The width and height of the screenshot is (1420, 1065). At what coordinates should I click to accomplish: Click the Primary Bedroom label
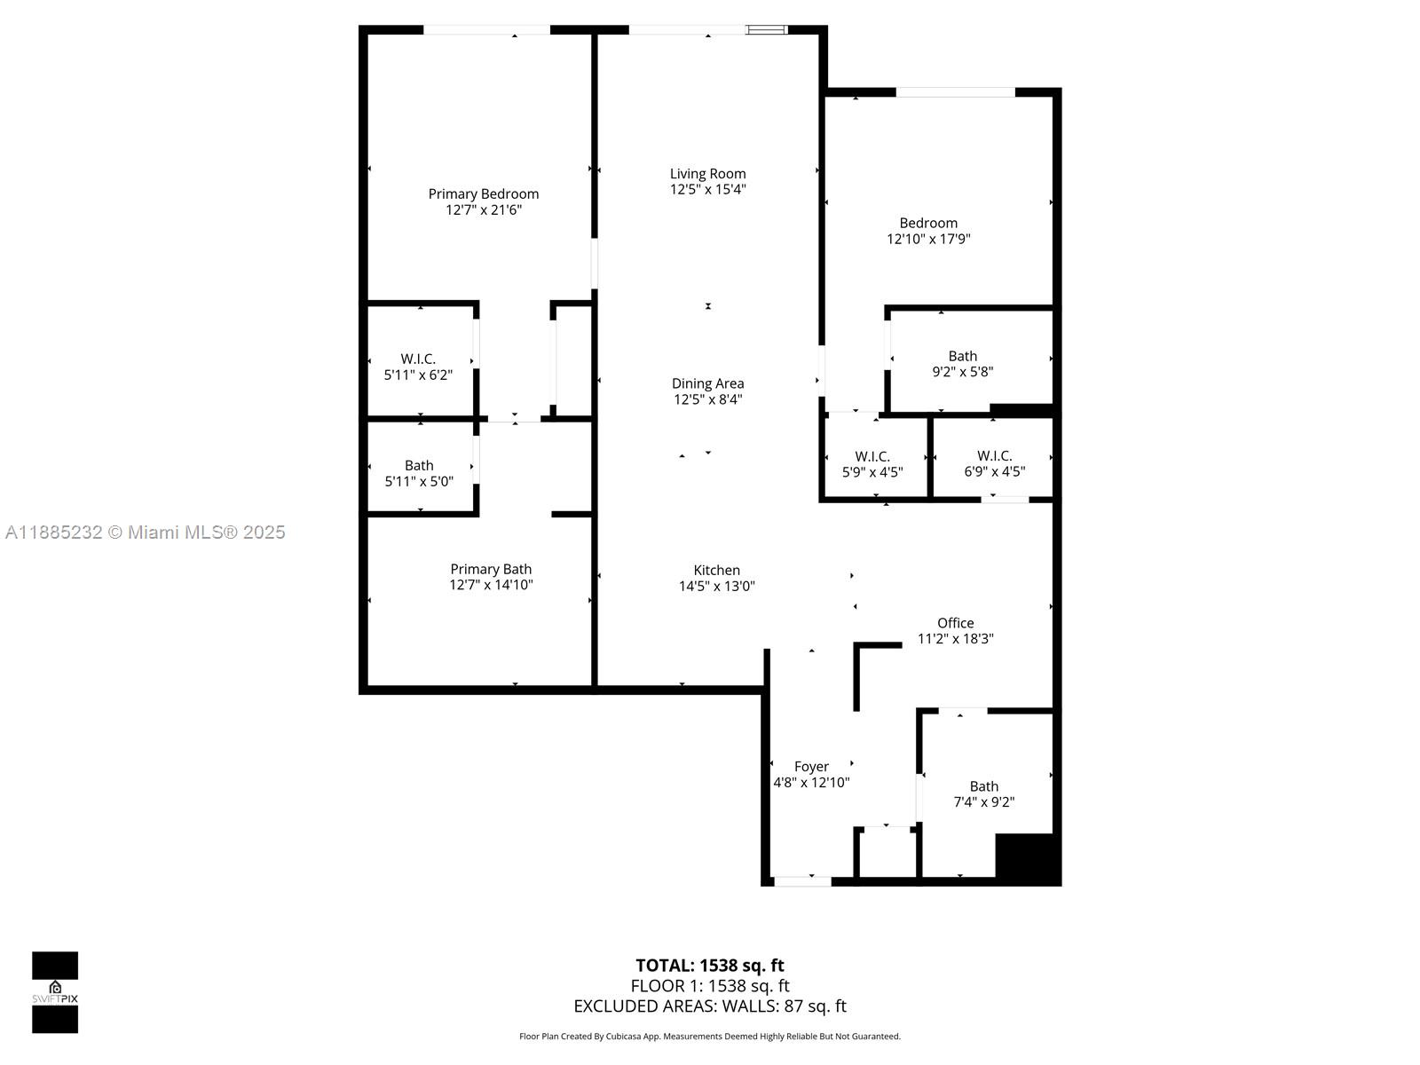point(483,194)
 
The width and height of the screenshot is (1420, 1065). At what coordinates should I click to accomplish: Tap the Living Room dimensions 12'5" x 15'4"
point(707,189)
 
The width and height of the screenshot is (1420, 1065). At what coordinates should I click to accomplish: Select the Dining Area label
point(707,383)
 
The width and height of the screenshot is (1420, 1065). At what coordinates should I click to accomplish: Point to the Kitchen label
point(716,571)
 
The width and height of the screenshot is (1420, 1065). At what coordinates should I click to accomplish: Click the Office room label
point(955,623)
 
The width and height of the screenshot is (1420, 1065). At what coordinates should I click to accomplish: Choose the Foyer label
point(811,767)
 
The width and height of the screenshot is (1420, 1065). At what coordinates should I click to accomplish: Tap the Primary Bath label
point(491,570)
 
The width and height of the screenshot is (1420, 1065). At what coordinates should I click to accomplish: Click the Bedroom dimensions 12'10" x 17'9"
point(928,239)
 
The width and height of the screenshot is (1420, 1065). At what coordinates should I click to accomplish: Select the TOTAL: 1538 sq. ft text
point(709,966)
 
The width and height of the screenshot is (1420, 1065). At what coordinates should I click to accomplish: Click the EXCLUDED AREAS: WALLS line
point(709,1006)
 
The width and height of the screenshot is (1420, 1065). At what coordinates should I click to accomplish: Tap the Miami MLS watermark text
point(146,532)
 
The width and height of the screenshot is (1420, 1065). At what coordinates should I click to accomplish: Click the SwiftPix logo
point(55,992)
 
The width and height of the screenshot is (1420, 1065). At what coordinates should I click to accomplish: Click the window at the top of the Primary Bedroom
point(486,30)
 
